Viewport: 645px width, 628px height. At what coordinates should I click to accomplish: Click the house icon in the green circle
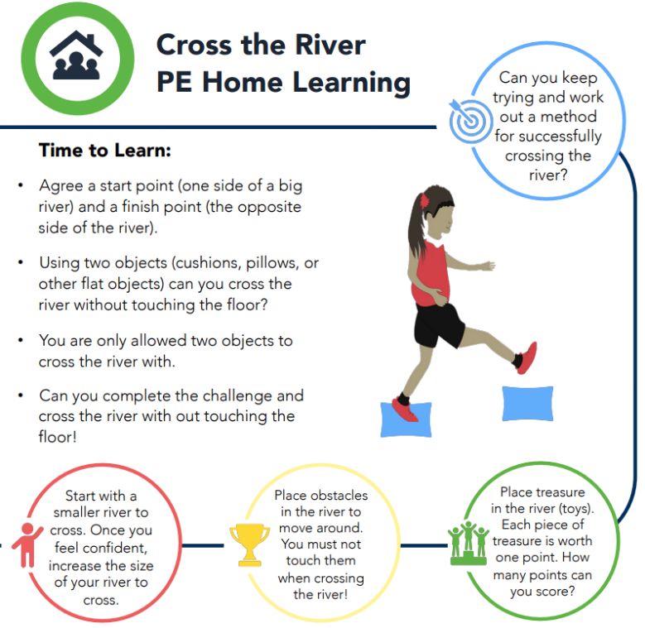click(76, 55)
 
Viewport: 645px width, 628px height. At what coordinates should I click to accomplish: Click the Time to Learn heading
click(104, 150)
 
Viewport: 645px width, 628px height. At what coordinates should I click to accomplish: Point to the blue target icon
click(469, 120)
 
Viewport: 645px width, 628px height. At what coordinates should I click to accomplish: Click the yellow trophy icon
click(250, 544)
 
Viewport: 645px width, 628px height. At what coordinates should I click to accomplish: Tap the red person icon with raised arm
click(27, 545)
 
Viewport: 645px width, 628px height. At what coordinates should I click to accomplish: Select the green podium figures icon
click(468, 544)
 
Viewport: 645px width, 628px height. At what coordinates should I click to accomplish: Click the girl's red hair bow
click(424, 201)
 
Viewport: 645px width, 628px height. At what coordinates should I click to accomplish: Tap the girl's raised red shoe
click(527, 357)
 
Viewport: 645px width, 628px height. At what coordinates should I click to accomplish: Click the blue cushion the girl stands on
click(406, 419)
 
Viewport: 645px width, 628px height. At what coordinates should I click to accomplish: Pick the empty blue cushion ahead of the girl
click(527, 404)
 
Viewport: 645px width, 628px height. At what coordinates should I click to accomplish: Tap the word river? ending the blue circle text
click(548, 175)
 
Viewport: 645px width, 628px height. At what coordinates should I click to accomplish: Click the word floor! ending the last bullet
click(58, 437)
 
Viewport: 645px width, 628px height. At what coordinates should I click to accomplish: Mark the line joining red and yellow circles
click(203, 546)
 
